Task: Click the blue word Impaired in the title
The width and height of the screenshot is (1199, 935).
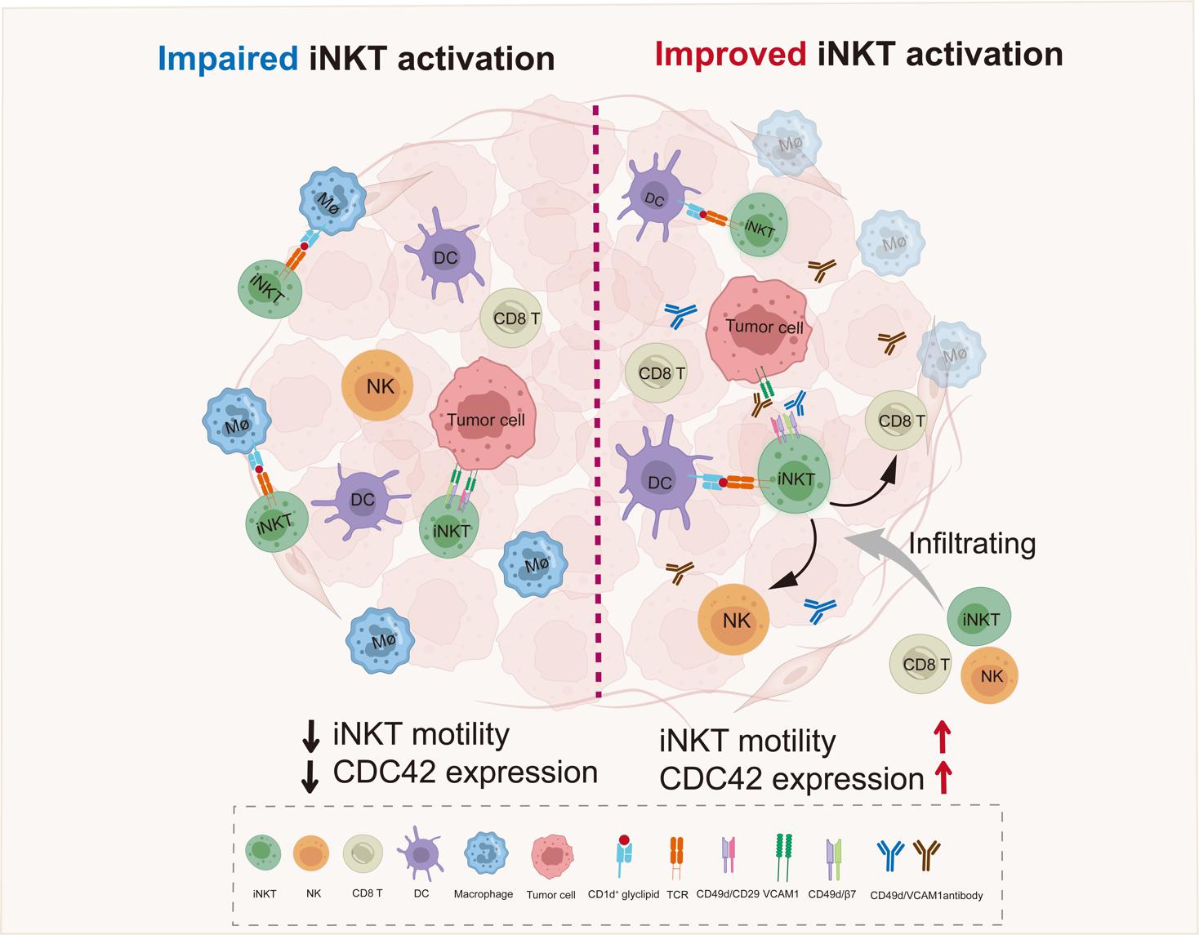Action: pyautogui.click(x=227, y=59)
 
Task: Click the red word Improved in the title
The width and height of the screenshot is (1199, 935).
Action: pyautogui.click(x=730, y=55)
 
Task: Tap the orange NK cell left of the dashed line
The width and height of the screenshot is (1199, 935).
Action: pyautogui.click(x=378, y=385)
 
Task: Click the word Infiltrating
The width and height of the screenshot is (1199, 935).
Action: pyautogui.click(x=972, y=543)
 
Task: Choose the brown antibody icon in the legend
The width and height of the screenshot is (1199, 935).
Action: pyautogui.click(x=926, y=855)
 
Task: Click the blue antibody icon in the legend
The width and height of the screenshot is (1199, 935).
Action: pyautogui.click(x=890, y=855)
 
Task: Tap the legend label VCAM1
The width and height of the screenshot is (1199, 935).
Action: pyautogui.click(x=780, y=893)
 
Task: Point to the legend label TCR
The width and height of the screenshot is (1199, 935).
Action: pyautogui.click(x=677, y=895)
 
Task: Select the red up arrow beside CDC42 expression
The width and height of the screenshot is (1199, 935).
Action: pyautogui.click(x=943, y=777)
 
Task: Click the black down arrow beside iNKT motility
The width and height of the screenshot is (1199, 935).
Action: pyautogui.click(x=310, y=736)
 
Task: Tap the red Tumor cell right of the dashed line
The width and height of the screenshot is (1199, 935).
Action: pyautogui.click(x=759, y=330)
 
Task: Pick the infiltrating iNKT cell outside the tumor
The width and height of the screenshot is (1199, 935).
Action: pyautogui.click(x=979, y=617)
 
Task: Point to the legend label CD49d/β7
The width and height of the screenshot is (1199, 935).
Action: pyautogui.click(x=832, y=894)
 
